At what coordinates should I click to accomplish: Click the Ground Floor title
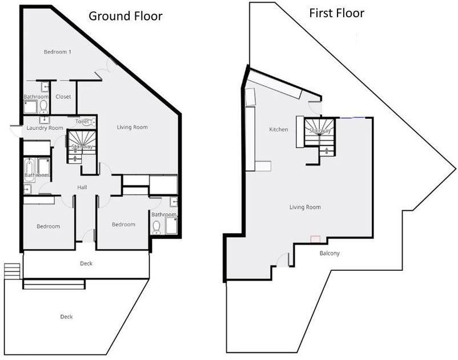click(x=125, y=15)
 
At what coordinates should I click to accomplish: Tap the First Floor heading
click(x=336, y=13)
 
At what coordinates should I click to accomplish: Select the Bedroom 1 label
click(x=58, y=52)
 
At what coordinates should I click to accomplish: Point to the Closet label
click(x=63, y=97)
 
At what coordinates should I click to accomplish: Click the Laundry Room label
click(x=44, y=128)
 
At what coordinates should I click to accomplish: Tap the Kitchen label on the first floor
click(x=279, y=130)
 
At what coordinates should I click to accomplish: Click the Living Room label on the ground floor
click(x=132, y=127)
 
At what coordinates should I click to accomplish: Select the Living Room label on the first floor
click(x=304, y=207)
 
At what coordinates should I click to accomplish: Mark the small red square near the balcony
click(x=315, y=239)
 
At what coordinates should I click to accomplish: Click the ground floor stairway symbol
click(x=81, y=146)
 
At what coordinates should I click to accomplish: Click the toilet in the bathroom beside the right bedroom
click(x=156, y=227)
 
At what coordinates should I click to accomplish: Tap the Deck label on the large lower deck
click(x=67, y=317)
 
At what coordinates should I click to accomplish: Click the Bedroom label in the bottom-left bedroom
click(x=48, y=226)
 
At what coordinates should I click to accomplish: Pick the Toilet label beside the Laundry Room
click(x=83, y=121)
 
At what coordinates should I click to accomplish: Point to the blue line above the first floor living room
click(x=351, y=118)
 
